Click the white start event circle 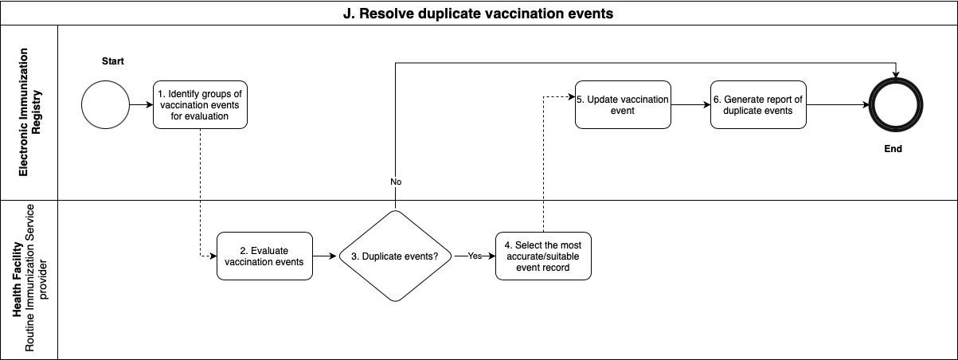tap(106, 104)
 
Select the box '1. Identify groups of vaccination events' tap(200, 104)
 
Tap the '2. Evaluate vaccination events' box tap(264, 256)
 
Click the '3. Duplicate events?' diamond tap(394, 256)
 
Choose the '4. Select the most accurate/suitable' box tap(543, 256)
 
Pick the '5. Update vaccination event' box tap(623, 104)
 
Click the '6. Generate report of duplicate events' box tap(758, 104)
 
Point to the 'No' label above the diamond tap(396, 182)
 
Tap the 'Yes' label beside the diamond tap(475, 256)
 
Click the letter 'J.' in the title tap(348, 14)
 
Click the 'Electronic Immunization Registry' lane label tap(29, 112)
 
